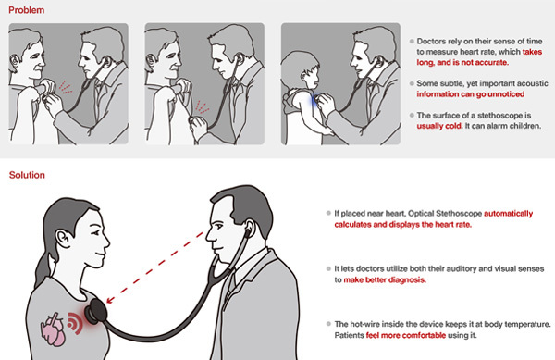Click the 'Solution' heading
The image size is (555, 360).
coord(28,174)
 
